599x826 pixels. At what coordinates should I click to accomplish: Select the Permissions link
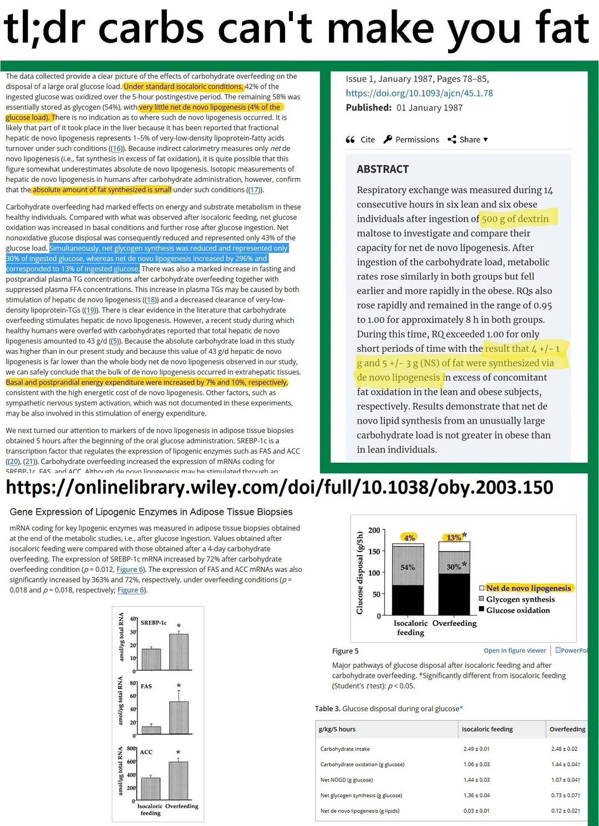411,140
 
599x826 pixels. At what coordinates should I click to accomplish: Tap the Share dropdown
468,140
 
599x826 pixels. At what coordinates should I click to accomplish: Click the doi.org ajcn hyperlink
419,93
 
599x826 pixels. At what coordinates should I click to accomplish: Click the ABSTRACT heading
383,169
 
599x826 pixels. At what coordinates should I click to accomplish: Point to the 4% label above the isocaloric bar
409,538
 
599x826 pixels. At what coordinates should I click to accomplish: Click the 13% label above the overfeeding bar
454,538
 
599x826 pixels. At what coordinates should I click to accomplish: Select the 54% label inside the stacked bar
408,567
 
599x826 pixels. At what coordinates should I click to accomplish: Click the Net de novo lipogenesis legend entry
528,588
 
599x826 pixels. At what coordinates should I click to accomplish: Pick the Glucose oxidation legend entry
517,610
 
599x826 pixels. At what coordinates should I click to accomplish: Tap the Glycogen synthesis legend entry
520,599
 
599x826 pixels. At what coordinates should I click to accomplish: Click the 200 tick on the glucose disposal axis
374,530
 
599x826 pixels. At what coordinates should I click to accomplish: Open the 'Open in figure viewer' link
515,651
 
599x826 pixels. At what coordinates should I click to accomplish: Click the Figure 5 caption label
345,651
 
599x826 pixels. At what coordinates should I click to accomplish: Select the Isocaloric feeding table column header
487,729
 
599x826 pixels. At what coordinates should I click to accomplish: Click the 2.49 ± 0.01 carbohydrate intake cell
476,749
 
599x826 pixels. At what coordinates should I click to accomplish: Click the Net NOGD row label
346,780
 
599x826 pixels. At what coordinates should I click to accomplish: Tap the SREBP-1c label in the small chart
153,623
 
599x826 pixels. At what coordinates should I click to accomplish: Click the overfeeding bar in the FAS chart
179,717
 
